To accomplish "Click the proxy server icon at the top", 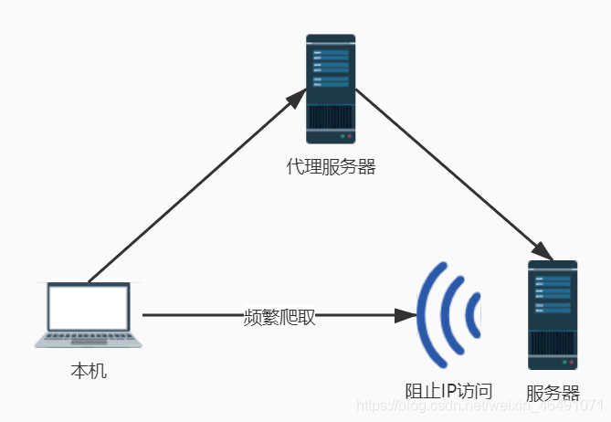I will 331,89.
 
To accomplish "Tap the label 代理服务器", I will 331,167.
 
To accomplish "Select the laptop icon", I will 89,314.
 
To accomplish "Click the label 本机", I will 89,372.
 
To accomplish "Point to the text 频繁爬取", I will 279,316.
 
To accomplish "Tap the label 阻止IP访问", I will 448,391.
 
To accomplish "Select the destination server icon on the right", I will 553,314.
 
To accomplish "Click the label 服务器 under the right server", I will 553,394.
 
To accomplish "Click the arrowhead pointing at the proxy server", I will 299,96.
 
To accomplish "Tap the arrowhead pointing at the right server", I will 543,252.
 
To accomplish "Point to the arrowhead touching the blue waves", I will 406,315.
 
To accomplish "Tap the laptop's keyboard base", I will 89,341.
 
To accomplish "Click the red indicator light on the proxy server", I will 349,136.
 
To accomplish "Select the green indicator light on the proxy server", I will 342,136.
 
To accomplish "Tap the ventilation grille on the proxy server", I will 330,117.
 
